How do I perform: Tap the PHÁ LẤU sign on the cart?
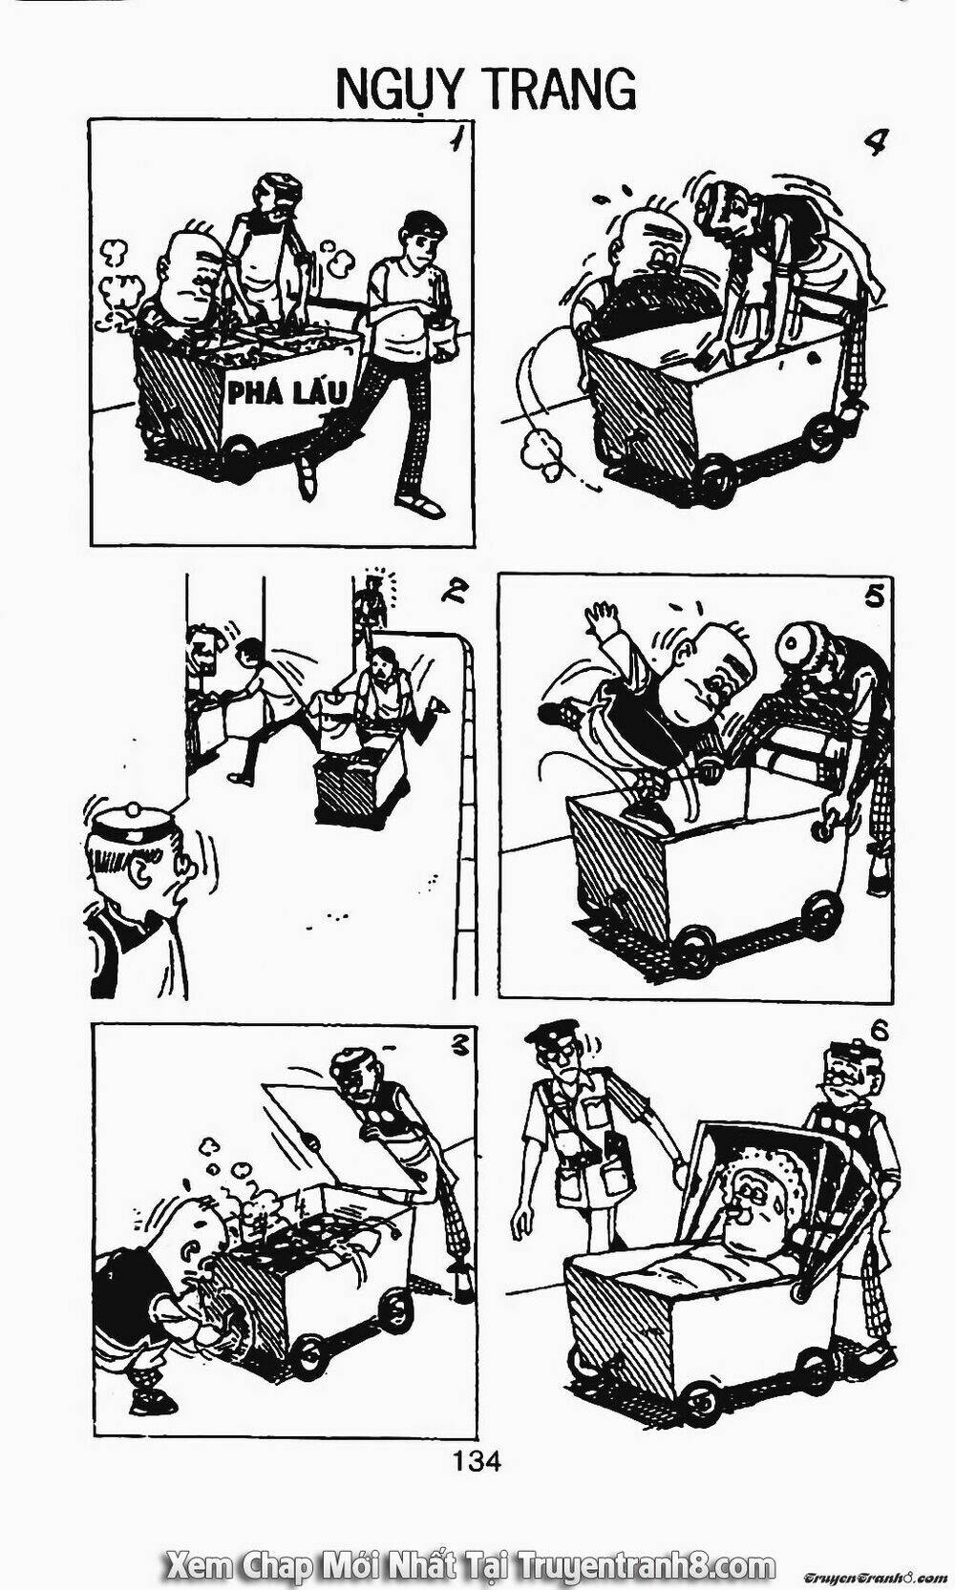(x=286, y=392)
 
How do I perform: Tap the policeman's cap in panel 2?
(x=133, y=822)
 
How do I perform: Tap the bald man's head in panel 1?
(x=183, y=273)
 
